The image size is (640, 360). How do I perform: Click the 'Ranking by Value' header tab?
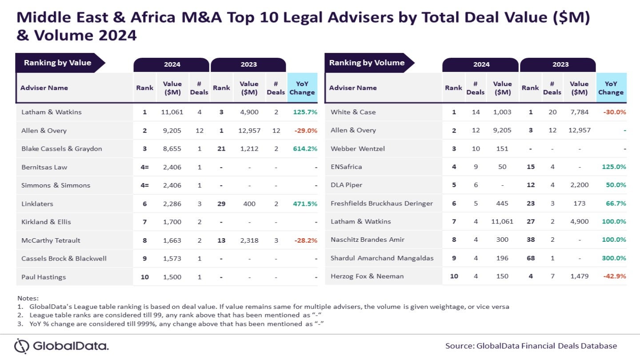(x=57, y=63)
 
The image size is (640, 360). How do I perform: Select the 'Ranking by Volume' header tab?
(x=367, y=63)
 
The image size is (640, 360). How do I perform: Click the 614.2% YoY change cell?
(x=305, y=149)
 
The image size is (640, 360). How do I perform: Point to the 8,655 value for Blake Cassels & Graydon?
(x=172, y=149)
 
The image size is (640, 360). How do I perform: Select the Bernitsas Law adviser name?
(x=44, y=167)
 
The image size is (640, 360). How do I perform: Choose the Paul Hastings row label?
(x=44, y=277)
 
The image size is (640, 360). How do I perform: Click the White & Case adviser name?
(x=353, y=112)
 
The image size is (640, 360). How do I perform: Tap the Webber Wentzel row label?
(x=358, y=149)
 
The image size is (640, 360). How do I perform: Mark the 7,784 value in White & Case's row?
(x=579, y=112)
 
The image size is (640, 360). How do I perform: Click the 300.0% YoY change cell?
(x=615, y=258)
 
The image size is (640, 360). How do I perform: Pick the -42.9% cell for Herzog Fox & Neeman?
(x=615, y=276)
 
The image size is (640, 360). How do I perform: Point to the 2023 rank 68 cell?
(x=530, y=258)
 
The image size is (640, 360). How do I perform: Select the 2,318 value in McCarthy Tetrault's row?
(x=249, y=240)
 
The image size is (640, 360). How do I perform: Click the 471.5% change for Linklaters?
(x=305, y=204)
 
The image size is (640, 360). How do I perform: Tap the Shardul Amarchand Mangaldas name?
(x=382, y=258)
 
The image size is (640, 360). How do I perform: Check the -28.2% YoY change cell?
(x=305, y=240)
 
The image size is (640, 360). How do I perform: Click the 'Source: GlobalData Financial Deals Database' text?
(x=531, y=346)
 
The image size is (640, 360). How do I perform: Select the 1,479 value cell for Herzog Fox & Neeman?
(x=579, y=276)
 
